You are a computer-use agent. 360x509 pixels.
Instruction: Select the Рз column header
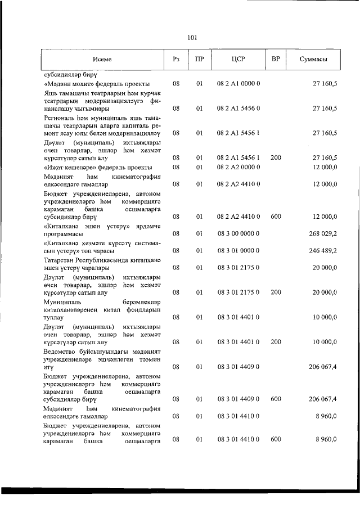[176, 59]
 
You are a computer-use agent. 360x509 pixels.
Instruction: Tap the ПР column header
[199, 59]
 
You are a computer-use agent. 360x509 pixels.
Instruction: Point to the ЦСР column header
[238, 59]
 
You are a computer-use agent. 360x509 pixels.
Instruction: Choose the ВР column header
[276, 59]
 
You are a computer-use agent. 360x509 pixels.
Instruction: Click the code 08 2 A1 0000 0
[238, 84]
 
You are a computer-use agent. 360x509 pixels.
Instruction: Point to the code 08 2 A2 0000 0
[238, 167]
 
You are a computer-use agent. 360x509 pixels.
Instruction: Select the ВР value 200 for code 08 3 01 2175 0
[276, 292]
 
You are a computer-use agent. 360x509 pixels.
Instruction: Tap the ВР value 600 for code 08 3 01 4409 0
[276, 399]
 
